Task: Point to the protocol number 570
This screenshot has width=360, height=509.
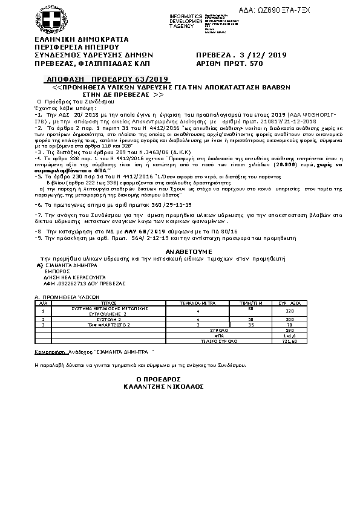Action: click(x=257, y=62)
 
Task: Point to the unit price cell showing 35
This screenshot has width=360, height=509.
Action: click(x=250, y=325)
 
